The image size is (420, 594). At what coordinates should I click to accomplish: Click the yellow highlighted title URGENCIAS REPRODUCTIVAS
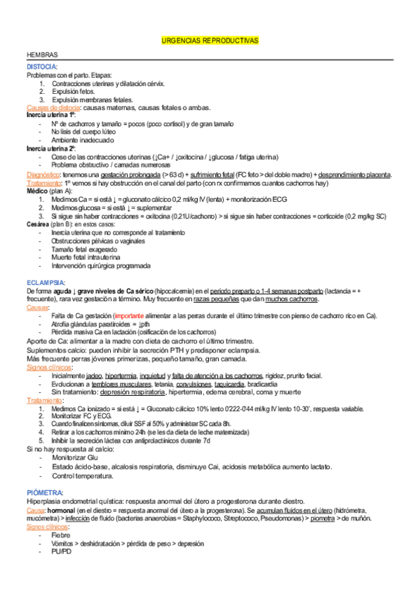point(210,42)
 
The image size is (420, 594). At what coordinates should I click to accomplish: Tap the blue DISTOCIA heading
point(43,67)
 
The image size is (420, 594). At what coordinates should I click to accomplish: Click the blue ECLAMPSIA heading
point(46,282)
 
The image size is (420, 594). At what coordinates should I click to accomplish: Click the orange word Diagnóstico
point(43,174)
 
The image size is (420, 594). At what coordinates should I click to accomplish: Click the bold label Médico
point(36,191)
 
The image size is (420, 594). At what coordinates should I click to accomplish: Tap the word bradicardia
point(266,385)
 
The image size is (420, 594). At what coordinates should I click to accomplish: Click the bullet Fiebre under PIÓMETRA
point(61,535)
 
